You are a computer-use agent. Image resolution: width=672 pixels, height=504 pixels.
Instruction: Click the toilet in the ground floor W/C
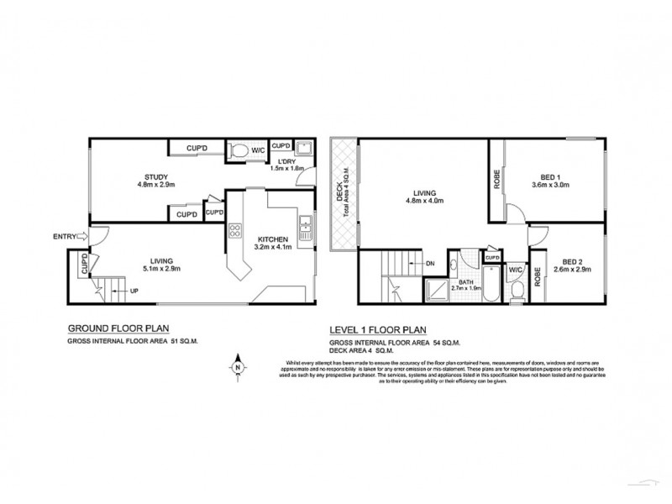242,150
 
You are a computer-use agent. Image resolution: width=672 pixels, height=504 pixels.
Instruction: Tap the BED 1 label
550,177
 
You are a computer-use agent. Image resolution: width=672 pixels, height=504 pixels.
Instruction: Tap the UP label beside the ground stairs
134,291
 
